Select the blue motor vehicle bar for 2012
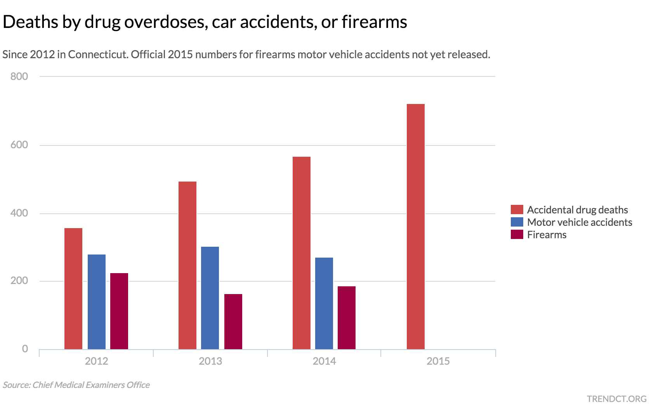(x=97, y=301)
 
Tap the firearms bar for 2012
(x=119, y=311)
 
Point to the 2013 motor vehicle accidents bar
(x=210, y=298)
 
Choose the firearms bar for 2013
(x=233, y=321)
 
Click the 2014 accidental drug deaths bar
(x=302, y=253)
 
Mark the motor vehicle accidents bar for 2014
(x=324, y=303)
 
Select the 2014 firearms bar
(x=347, y=317)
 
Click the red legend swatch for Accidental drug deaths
(x=517, y=210)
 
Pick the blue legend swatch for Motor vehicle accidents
(x=517, y=222)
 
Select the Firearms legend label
(x=547, y=235)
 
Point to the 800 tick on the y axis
(x=19, y=76)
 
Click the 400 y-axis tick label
(x=19, y=213)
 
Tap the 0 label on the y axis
(x=25, y=349)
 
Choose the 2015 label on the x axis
(x=438, y=362)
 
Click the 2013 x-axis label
(x=210, y=362)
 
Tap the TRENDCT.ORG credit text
(x=617, y=399)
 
